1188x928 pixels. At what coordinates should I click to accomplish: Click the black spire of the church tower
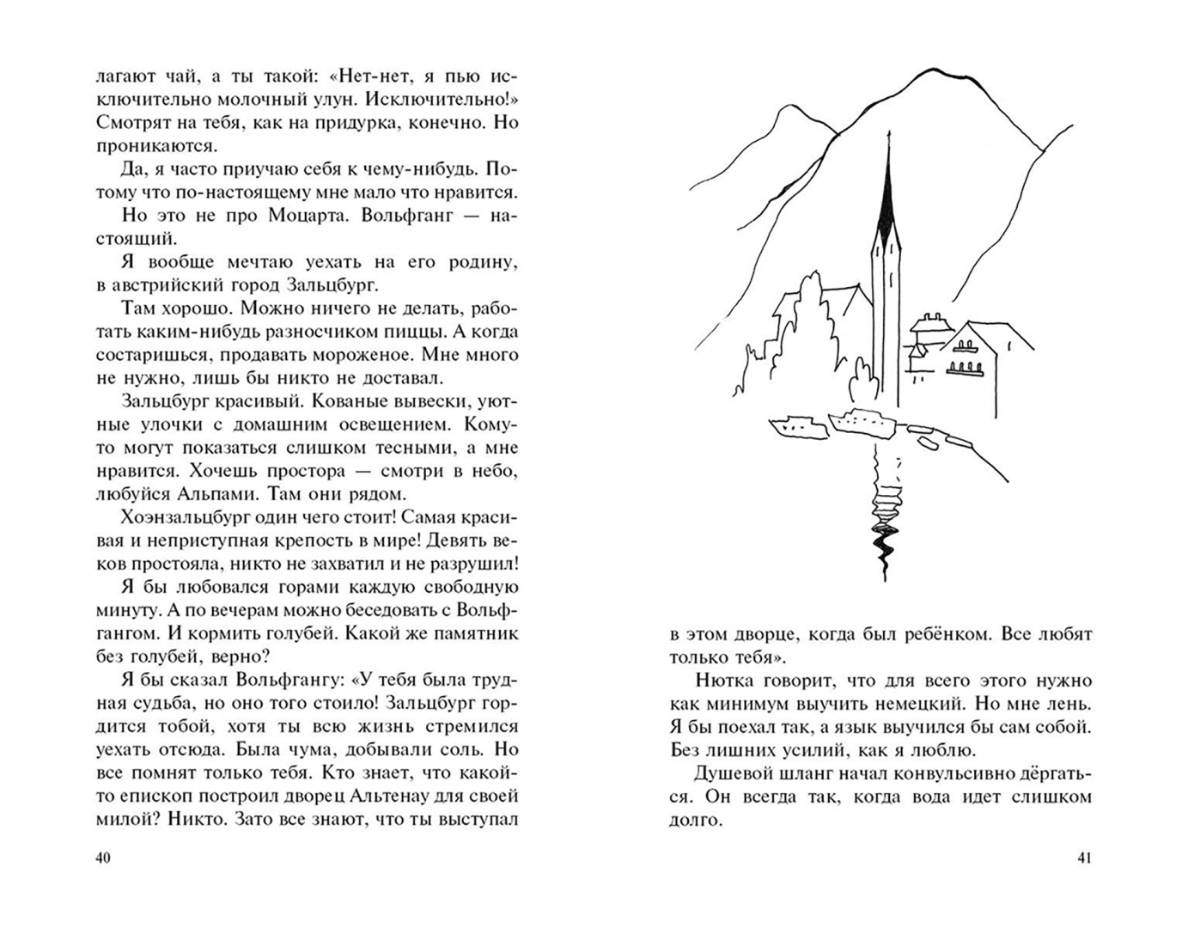pyautogui.click(x=887, y=198)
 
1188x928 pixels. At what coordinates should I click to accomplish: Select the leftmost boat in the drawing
pyautogui.click(x=795, y=425)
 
